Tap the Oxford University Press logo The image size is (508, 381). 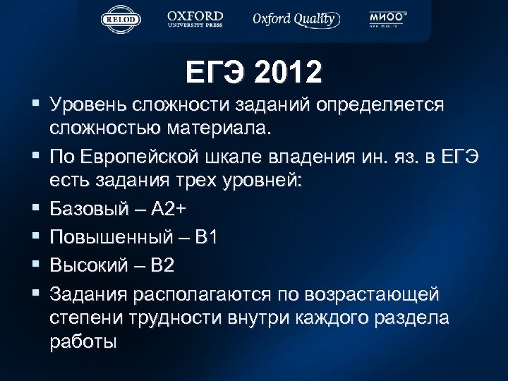coord(195,19)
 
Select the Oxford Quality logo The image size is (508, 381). coord(296,19)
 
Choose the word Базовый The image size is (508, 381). coord(90,209)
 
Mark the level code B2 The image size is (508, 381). coord(162,265)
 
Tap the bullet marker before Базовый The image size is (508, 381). coord(35,209)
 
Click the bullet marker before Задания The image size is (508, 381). coord(35,292)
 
